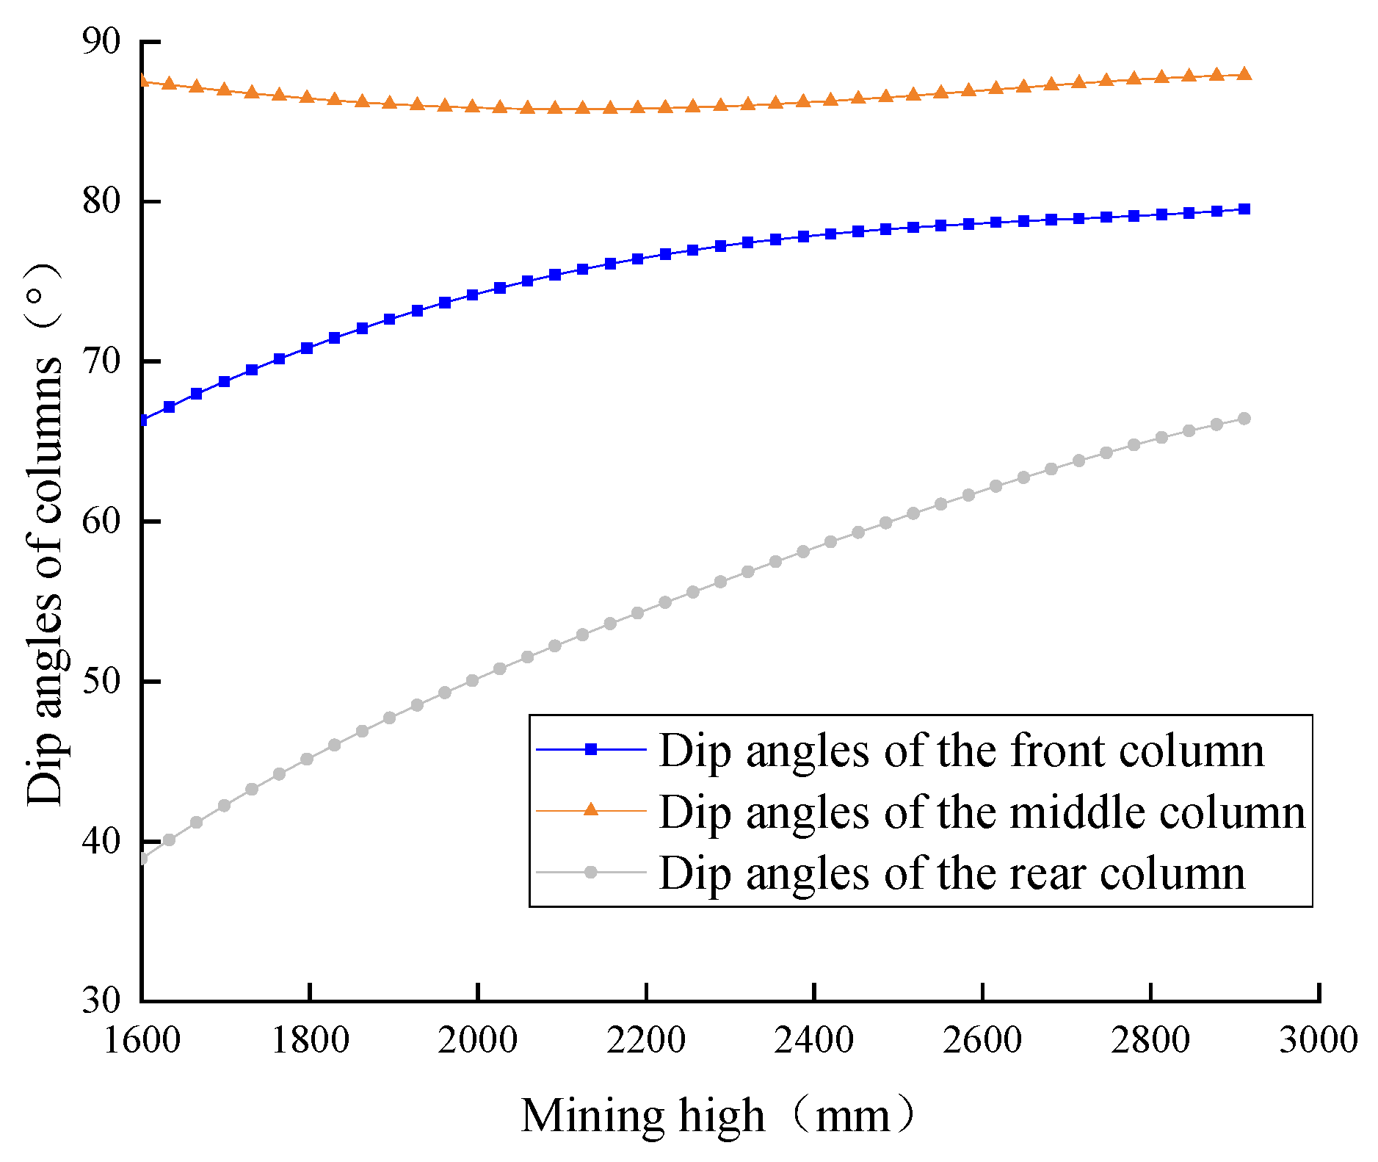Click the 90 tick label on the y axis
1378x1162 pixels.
(x=101, y=41)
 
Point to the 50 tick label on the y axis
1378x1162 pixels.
(x=101, y=681)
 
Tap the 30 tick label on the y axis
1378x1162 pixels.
(x=101, y=1000)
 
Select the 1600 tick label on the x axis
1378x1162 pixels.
(x=142, y=1040)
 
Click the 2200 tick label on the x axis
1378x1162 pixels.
(x=646, y=1040)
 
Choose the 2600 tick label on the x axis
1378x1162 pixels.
(x=982, y=1040)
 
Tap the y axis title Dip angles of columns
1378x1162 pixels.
(x=44, y=535)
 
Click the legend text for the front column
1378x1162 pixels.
(x=961, y=751)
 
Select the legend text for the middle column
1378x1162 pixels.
(x=982, y=812)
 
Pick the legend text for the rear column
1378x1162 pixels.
(x=951, y=873)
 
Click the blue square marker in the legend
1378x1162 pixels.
(x=591, y=749)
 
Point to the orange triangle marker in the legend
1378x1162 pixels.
(x=591, y=809)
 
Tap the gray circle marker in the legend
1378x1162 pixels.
(x=591, y=872)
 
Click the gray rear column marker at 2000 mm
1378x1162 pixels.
(x=472, y=681)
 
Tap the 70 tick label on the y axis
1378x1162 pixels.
(x=101, y=361)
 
